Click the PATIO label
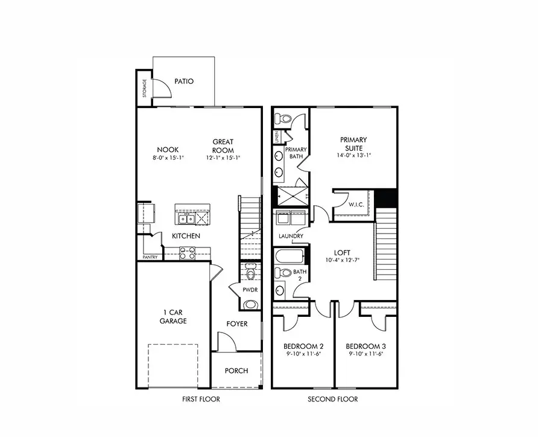pos(184,81)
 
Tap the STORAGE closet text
pos(145,88)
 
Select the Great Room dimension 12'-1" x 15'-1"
pos(223,158)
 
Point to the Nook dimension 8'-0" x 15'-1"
pos(167,158)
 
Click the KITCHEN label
pos(186,236)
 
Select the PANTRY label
pos(150,257)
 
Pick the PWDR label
pos(250,290)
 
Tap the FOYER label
pos(237,324)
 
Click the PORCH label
pos(236,371)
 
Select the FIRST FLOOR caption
pos(201,399)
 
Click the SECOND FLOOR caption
pos(333,399)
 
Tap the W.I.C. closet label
pos(355,205)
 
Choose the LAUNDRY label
pos(291,236)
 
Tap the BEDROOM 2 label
pos(303,346)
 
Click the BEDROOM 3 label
pos(366,346)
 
